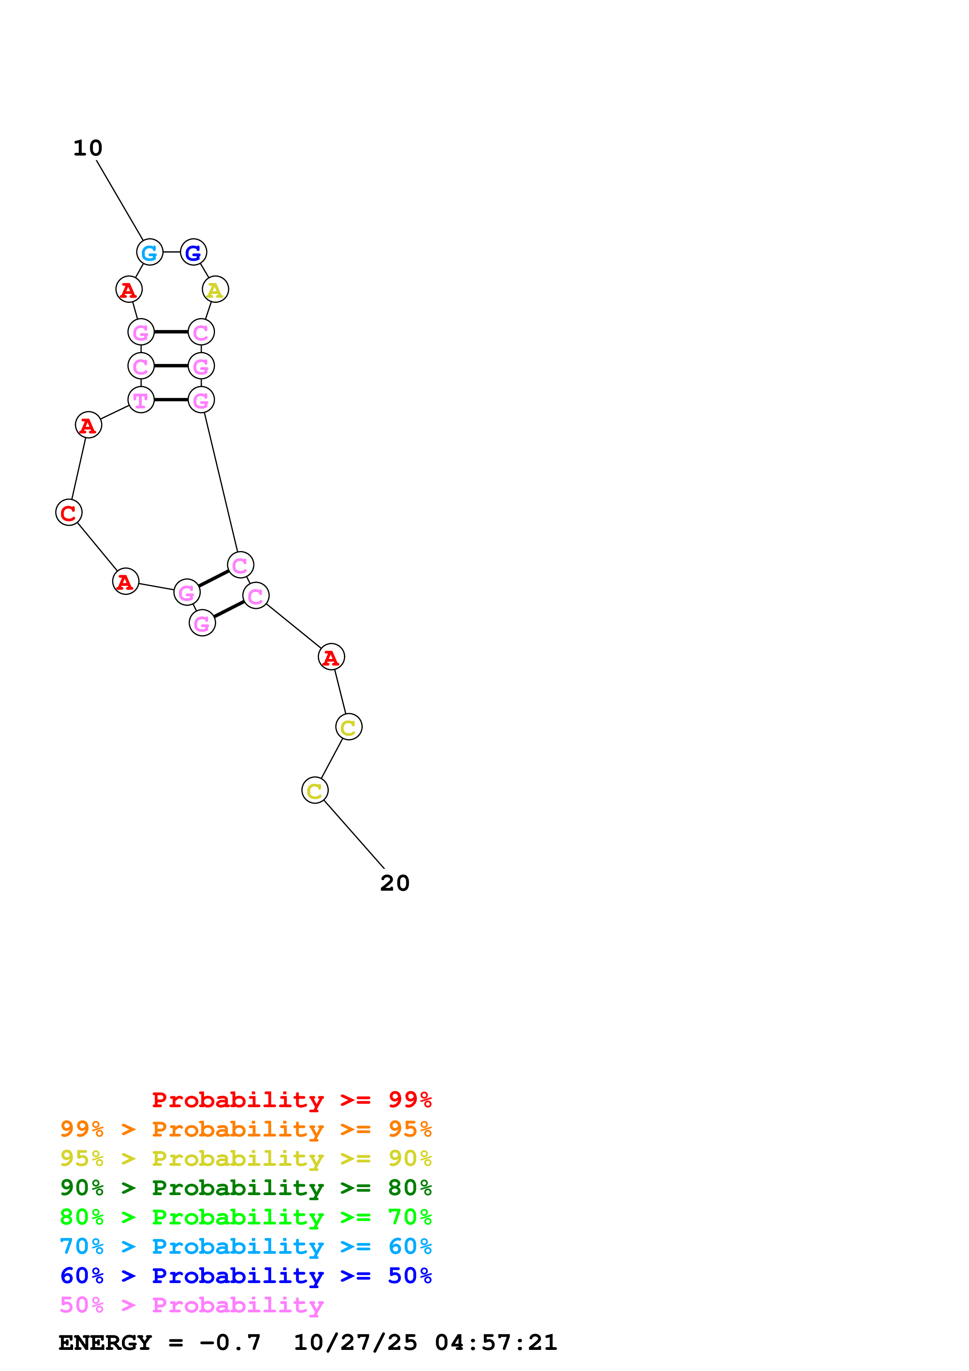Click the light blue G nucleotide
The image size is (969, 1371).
click(x=149, y=252)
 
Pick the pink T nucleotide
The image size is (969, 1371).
click(x=141, y=400)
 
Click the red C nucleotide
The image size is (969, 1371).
click(x=69, y=513)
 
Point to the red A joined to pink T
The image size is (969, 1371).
click(x=88, y=425)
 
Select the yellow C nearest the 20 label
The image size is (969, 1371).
click(x=315, y=791)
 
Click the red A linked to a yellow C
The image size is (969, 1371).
click(x=331, y=657)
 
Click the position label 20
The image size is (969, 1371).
click(x=395, y=883)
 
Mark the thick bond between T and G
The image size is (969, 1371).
click(x=171, y=399)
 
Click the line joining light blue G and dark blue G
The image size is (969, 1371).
click(x=171, y=252)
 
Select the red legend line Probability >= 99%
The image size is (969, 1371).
click(x=291, y=1100)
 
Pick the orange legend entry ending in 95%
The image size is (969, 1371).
click(x=245, y=1129)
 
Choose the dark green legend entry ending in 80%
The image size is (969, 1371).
click(x=245, y=1188)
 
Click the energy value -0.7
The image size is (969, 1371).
click(x=230, y=1342)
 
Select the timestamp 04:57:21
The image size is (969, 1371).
click(x=496, y=1342)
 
